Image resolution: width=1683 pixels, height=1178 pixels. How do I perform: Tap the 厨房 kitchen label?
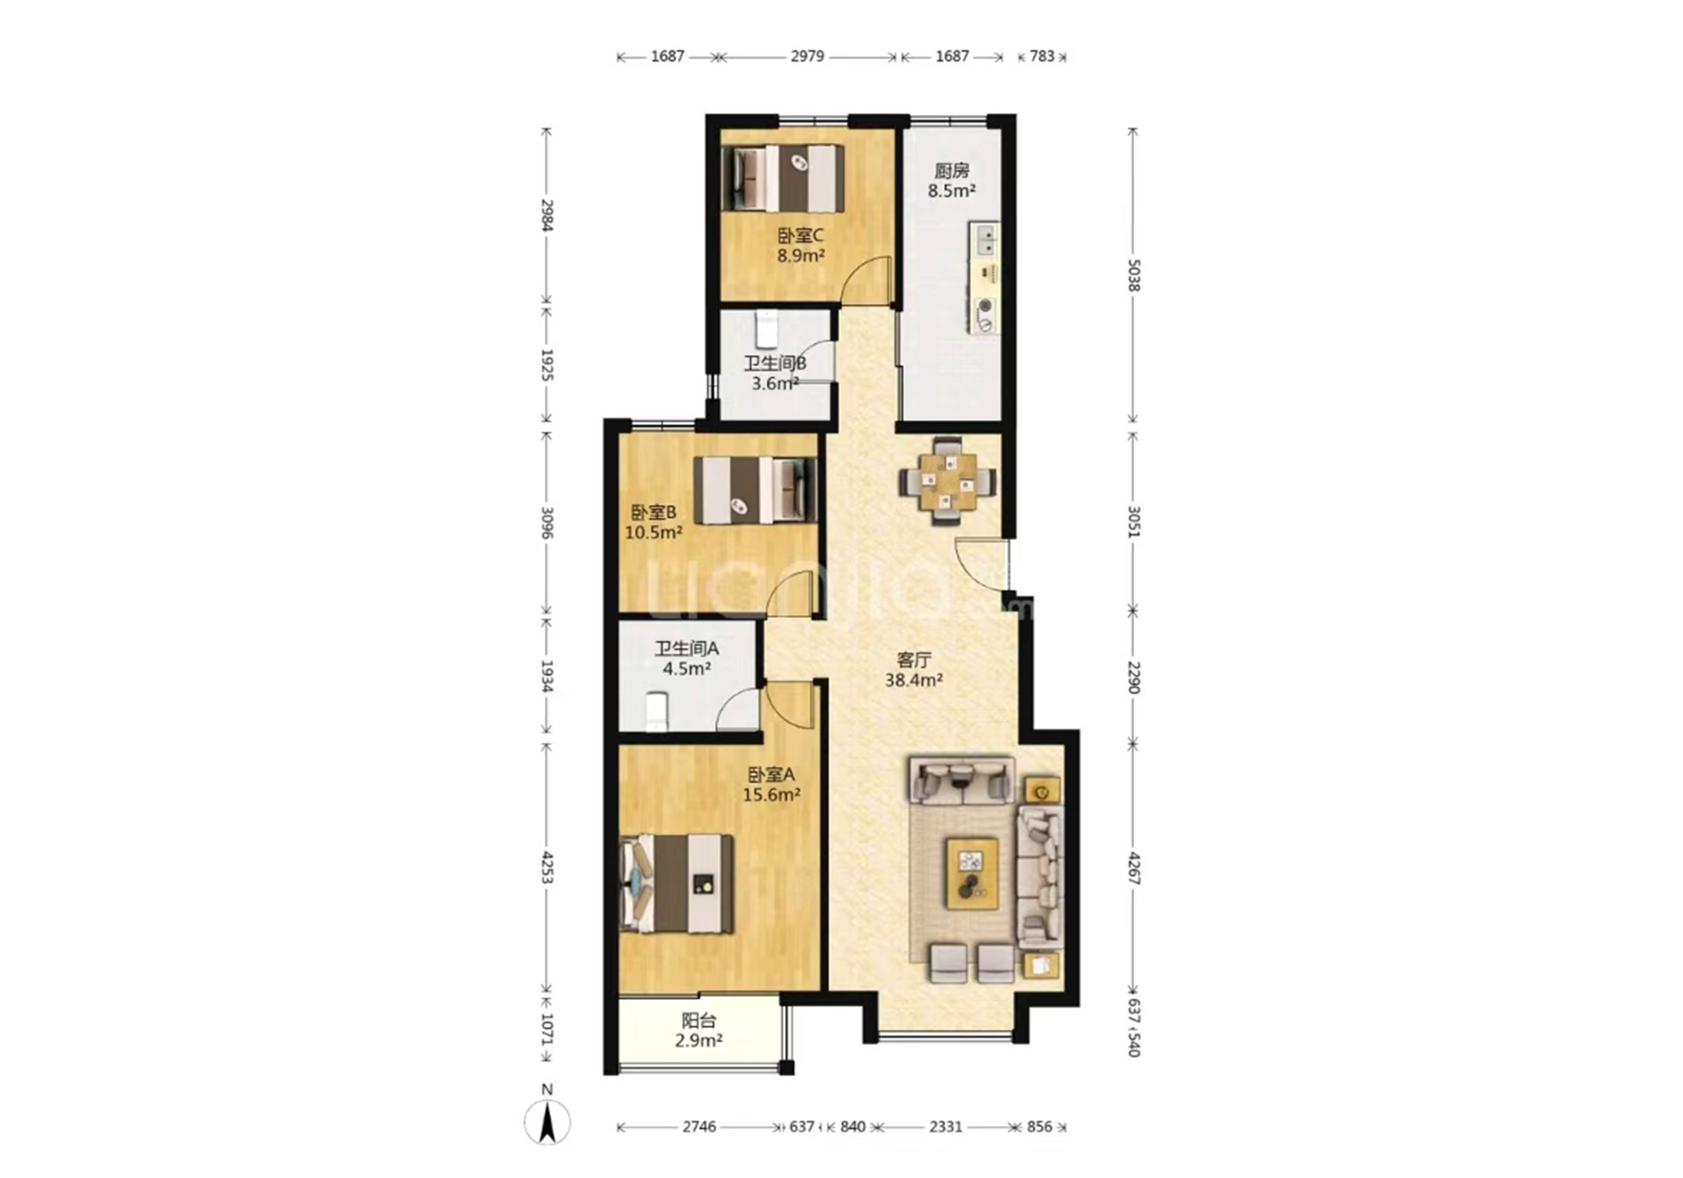(x=952, y=171)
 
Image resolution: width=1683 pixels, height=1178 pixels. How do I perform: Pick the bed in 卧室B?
(x=755, y=490)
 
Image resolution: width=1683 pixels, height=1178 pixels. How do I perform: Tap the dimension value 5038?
(x=1133, y=276)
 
